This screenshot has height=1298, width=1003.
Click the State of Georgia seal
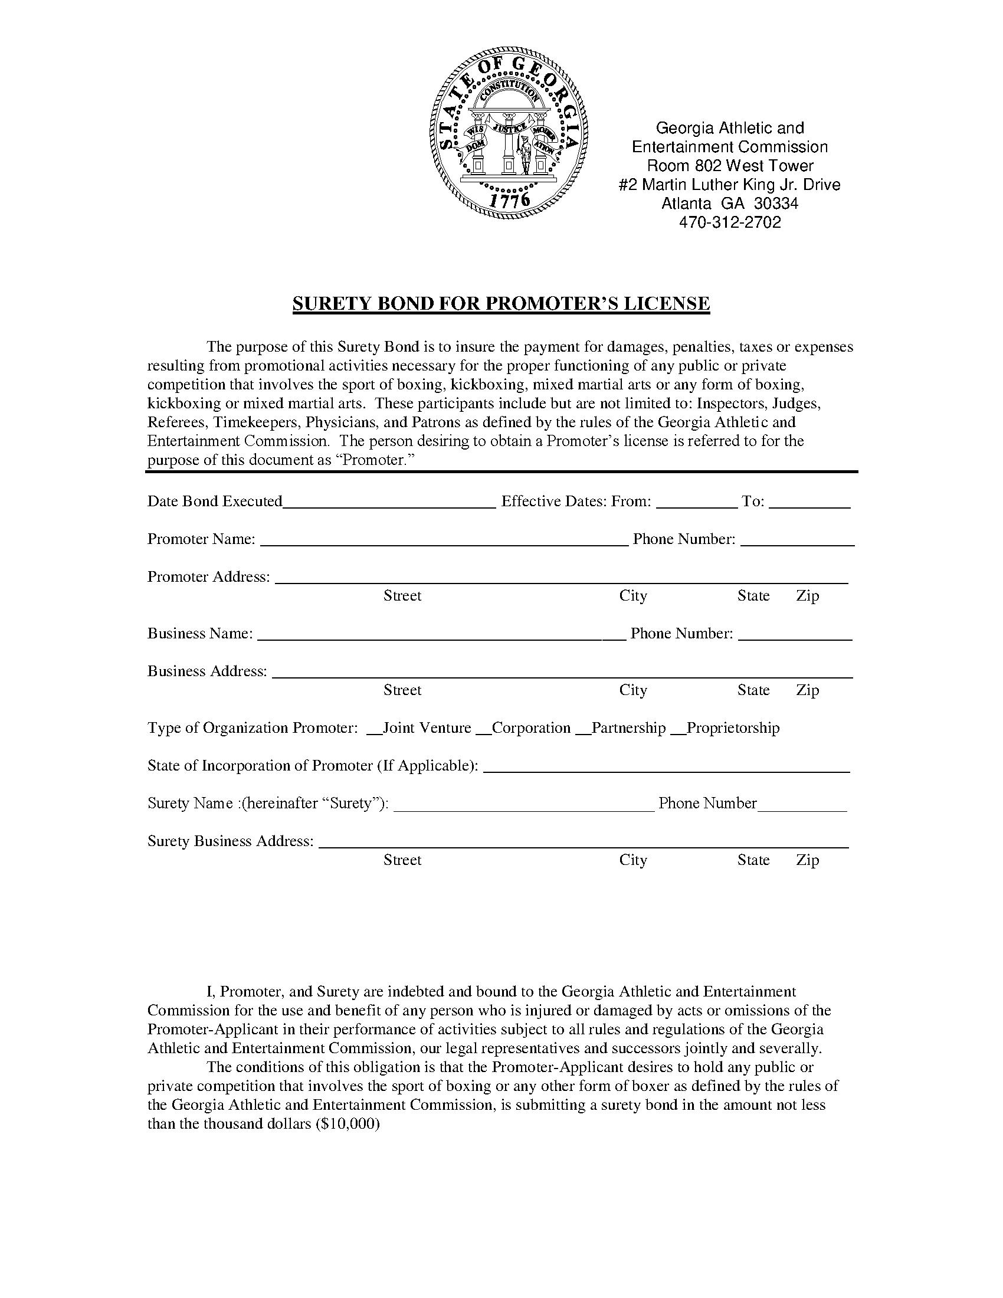[509, 136]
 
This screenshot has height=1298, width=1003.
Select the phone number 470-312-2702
[730, 222]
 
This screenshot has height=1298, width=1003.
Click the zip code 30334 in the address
[776, 204]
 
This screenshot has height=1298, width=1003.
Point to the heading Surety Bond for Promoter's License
[501, 304]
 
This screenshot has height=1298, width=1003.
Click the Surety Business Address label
[230, 841]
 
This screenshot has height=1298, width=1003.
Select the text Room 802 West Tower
[730, 165]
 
